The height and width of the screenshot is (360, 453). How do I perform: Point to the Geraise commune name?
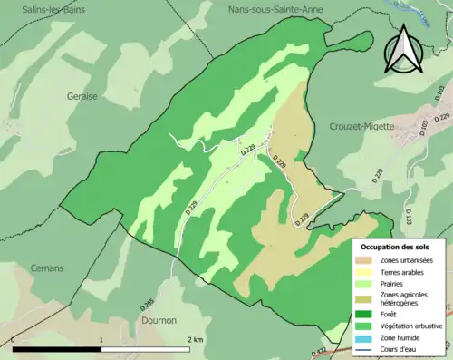(x=81, y=95)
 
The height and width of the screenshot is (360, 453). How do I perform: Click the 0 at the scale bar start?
(x=14, y=339)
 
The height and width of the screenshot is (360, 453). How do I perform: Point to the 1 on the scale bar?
(x=101, y=339)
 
